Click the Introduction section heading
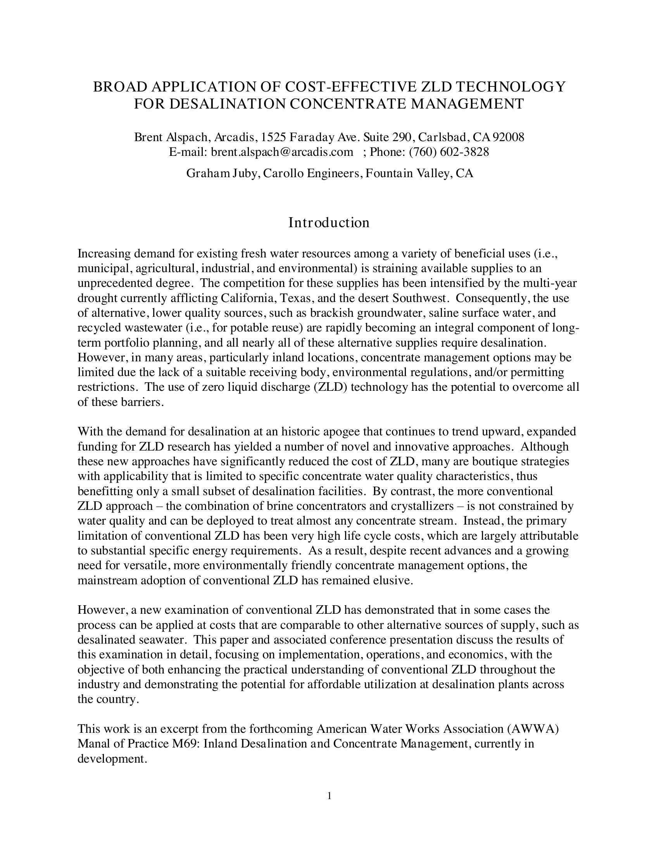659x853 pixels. pyautogui.click(x=329, y=223)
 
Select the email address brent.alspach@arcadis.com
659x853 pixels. pyautogui.click(x=282, y=152)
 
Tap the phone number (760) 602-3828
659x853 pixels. pyautogui.click(x=449, y=152)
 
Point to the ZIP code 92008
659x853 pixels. pyautogui.click(x=508, y=137)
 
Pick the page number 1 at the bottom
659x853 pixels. pyautogui.click(x=329, y=796)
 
